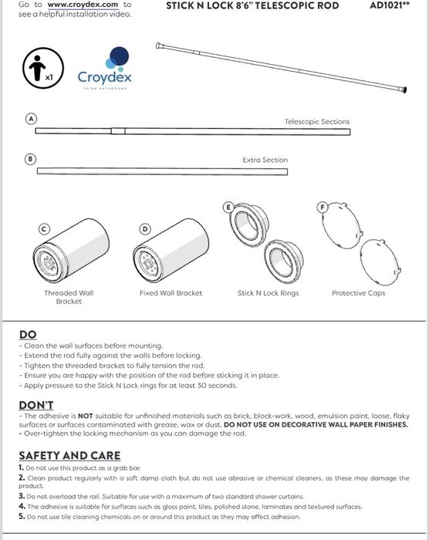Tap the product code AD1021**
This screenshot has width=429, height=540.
point(389,5)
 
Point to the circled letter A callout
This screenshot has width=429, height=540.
point(32,119)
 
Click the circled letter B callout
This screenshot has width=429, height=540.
point(32,159)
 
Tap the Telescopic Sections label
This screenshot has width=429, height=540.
point(316,122)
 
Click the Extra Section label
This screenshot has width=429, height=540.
point(265,160)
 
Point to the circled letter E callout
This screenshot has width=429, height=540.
point(228,207)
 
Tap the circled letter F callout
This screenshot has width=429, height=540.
point(323,207)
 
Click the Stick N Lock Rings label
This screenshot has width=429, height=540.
point(268,293)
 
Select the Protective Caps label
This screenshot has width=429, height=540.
point(358,293)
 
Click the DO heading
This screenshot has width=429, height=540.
point(28,335)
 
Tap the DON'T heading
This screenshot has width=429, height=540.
point(36,405)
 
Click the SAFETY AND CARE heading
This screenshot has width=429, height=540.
point(69,456)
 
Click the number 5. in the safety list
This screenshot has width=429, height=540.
point(22,517)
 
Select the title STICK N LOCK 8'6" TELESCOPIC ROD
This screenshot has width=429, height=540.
point(252,5)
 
